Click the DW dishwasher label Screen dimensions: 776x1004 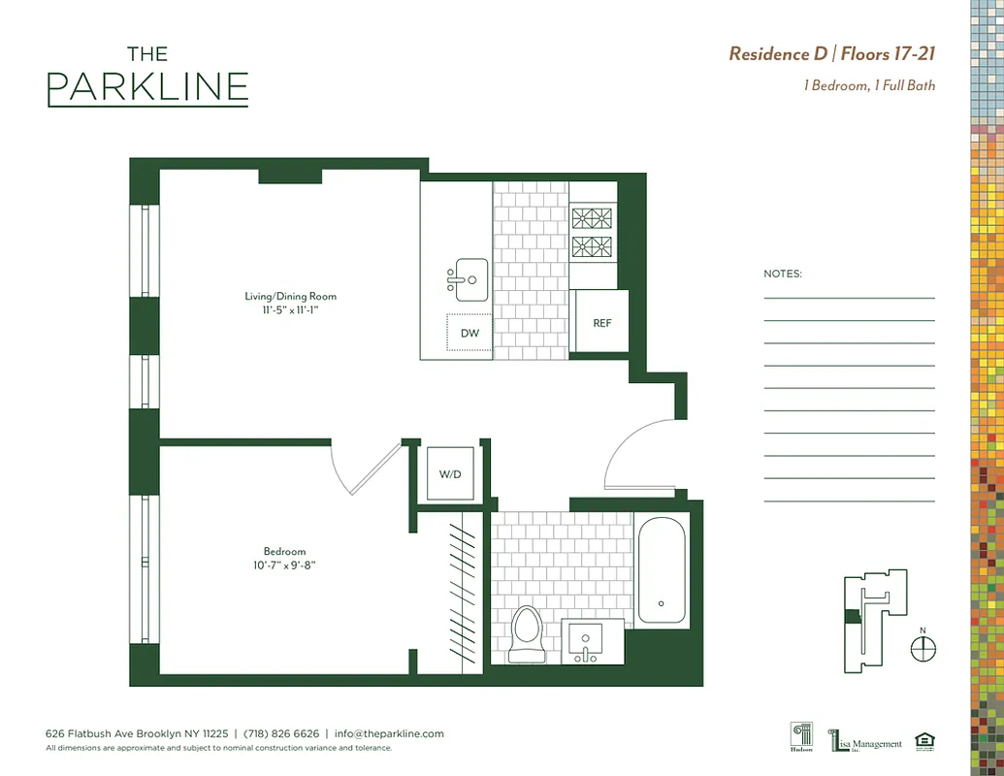pos(470,334)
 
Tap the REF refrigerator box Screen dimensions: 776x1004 pos(602,322)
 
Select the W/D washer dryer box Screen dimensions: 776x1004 pos(450,474)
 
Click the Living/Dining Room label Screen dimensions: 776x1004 pos(291,296)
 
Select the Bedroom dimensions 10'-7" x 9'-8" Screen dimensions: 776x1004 pos(284,566)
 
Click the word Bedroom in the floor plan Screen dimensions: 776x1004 pos(284,552)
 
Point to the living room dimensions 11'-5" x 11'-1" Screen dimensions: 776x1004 pos(291,310)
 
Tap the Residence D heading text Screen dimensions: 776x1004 pos(782,53)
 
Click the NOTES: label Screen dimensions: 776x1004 pos(783,274)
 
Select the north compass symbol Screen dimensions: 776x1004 pos(923,649)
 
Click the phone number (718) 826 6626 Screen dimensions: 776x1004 pos(281,734)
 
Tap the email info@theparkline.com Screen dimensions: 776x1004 pos(389,734)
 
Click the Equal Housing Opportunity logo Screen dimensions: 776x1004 pos(924,742)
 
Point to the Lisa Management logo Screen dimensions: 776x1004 pos(865,742)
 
